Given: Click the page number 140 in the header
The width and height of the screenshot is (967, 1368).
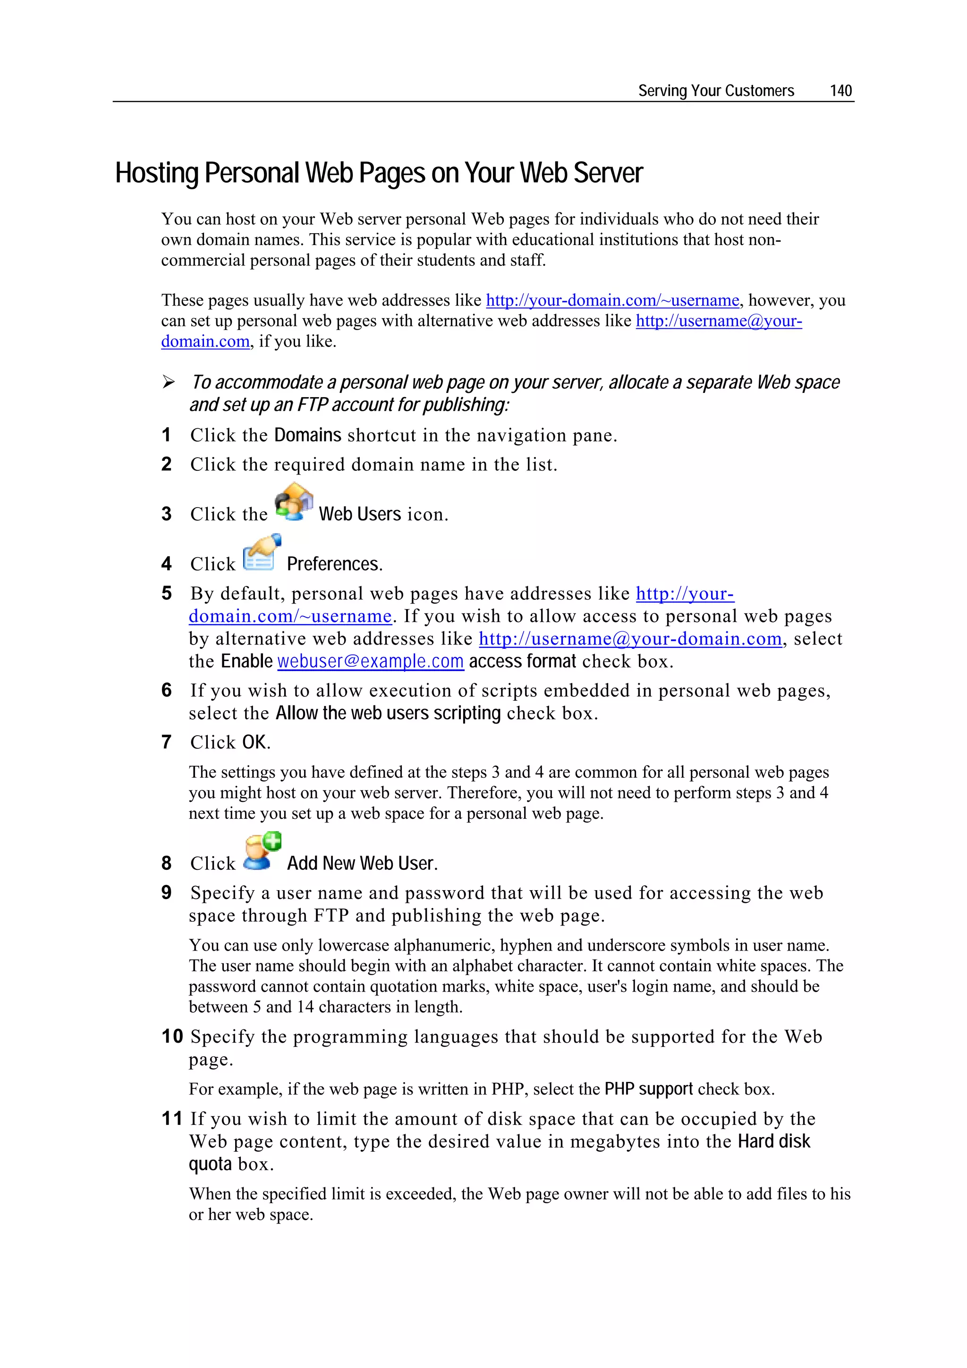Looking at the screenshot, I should point(840,91).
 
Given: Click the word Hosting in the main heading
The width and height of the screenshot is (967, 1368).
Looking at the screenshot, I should point(156,173).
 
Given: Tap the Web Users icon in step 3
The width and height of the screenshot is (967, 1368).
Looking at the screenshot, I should point(294,502).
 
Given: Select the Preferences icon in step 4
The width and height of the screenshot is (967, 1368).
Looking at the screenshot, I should point(262,552).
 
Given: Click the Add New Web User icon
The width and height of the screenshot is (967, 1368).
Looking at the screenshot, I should point(262,851).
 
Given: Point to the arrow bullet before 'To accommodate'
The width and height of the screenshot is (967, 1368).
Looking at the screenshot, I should point(169,382).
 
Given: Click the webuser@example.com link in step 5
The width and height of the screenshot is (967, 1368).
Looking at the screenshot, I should point(370,662).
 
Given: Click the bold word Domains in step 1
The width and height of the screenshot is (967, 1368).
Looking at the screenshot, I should point(307,435).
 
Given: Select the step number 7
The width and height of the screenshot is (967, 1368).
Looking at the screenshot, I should point(166,742).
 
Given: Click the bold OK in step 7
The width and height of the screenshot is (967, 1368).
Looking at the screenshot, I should point(255,742).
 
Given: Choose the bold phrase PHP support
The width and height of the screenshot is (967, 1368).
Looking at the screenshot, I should point(648,1089).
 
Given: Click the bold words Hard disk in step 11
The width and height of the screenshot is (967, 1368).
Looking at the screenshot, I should point(773,1142).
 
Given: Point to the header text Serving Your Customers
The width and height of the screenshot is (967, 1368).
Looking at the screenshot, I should point(715,91).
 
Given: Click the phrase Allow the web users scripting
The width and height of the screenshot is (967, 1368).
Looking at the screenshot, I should point(388,713).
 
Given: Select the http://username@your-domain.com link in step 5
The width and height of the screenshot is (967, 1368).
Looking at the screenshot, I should point(630,639).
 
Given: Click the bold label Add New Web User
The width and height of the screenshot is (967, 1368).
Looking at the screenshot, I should point(362,863).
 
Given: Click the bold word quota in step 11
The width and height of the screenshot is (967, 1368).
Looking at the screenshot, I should point(210,1164).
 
